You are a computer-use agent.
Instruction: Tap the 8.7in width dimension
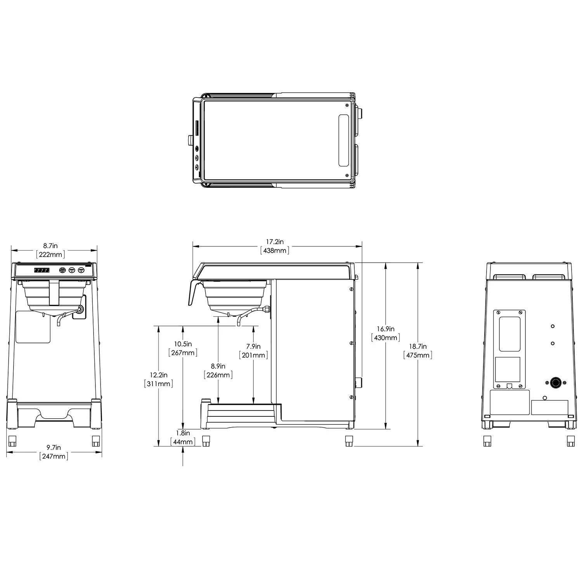coord(50,246)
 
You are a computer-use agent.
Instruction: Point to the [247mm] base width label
coord(54,456)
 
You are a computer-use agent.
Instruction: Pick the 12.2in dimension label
coord(158,375)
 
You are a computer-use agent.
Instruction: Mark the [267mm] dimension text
coord(183,353)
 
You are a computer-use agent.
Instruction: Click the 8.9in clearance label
coord(218,366)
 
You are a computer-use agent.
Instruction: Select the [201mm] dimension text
coord(253,355)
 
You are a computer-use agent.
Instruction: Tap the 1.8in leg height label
coord(183,433)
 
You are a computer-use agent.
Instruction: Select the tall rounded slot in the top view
coord(343,140)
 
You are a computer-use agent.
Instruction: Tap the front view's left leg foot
coord(13,441)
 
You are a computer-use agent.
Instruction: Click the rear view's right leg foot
coord(570,441)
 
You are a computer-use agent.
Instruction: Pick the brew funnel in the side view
coord(234,295)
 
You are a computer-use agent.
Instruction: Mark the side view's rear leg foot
coord(349,441)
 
